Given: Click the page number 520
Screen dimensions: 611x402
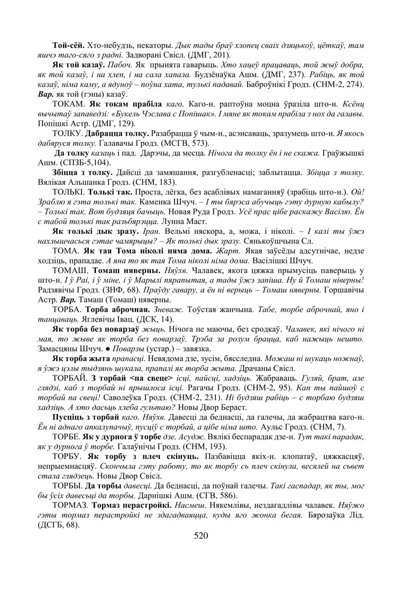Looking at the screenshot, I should [x=201, y=536].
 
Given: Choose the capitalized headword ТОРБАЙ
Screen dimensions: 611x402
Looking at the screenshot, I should [x=70, y=379].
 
